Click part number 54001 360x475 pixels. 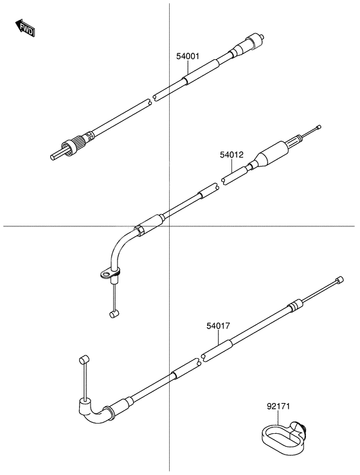188,57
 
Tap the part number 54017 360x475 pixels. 217,326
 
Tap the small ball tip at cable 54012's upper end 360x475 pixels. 317,128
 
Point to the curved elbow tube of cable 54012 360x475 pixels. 121,247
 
